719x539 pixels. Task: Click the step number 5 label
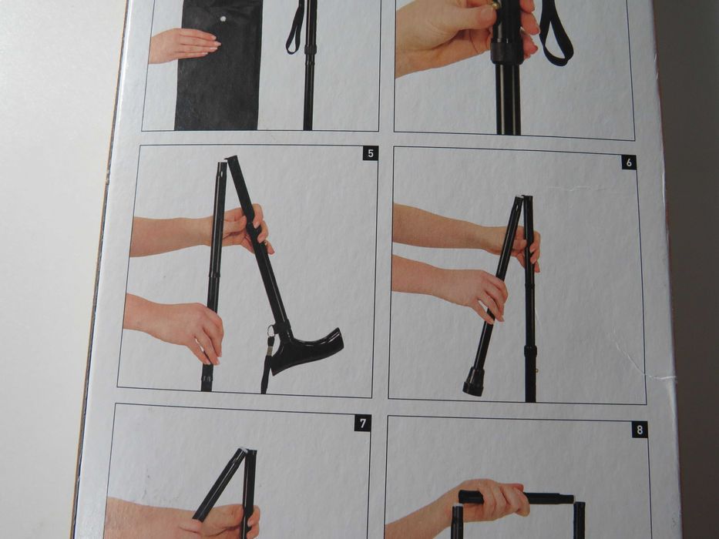pyautogui.click(x=371, y=154)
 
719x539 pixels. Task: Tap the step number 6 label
pyautogui.click(x=629, y=162)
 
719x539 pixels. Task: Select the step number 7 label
pyautogui.click(x=362, y=423)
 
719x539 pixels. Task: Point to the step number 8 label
pyautogui.click(x=640, y=430)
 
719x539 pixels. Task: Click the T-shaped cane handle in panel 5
pyautogui.click(x=308, y=347)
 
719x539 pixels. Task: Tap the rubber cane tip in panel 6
pyautogui.click(x=474, y=381)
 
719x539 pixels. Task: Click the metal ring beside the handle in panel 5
pyautogui.click(x=271, y=331)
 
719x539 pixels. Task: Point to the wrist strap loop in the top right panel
pyautogui.click(x=556, y=33)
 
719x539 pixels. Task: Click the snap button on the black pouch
pyautogui.click(x=223, y=18)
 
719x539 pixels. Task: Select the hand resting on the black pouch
pyautogui.click(x=184, y=45)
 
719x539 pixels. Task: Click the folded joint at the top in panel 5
pyautogui.click(x=227, y=162)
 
